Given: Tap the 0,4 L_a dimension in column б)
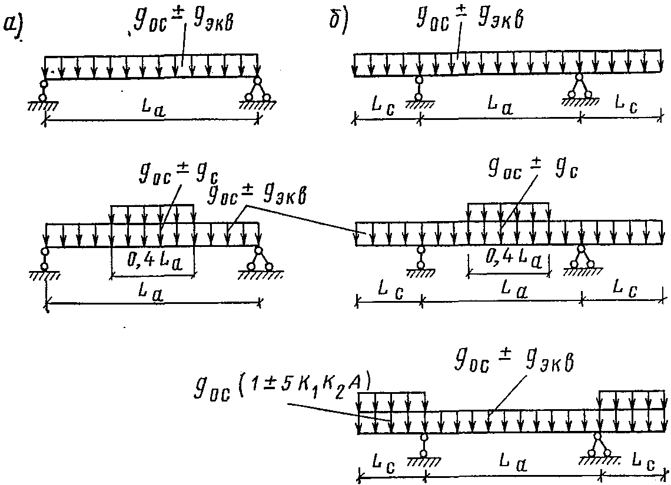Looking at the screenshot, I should (x=507, y=261).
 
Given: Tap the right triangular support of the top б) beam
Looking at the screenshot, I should (x=580, y=89).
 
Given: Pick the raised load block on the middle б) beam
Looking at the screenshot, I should (x=508, y=212).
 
